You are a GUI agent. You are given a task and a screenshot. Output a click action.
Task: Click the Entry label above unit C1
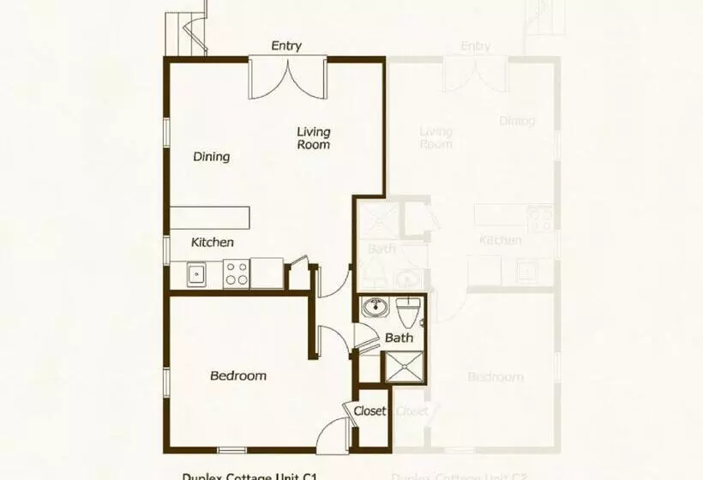coord(286,45)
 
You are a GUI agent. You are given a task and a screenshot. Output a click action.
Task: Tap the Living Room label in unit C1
coord(314,138)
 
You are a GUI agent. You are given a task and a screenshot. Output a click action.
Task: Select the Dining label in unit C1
coord(211,157)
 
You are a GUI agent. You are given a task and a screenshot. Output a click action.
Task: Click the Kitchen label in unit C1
coord(212,243)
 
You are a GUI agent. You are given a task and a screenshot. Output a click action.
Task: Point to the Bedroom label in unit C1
coord(238,375)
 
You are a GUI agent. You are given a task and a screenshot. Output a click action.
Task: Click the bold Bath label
coord(399,338)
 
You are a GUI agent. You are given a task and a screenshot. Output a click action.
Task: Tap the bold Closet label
coord(370,411)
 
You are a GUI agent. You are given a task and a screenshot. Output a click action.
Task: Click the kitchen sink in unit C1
coord(196,275)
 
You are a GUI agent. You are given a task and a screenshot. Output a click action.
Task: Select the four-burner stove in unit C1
coord(236,274)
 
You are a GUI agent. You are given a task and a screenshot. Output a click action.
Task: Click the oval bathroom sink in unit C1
coord(375,308)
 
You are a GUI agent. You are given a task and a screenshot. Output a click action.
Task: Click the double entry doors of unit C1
coord(287,78)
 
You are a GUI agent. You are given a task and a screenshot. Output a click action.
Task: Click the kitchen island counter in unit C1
coord(209,218)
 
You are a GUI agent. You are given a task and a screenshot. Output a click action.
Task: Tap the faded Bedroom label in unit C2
coord(496,377)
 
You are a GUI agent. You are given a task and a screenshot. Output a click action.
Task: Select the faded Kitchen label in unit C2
coord(501,240)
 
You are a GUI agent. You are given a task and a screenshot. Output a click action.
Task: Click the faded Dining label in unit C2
coord(517,121)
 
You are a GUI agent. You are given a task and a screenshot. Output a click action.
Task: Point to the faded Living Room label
coord(436,138)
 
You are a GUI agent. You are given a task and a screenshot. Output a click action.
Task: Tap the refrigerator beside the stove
coord(267,274)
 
